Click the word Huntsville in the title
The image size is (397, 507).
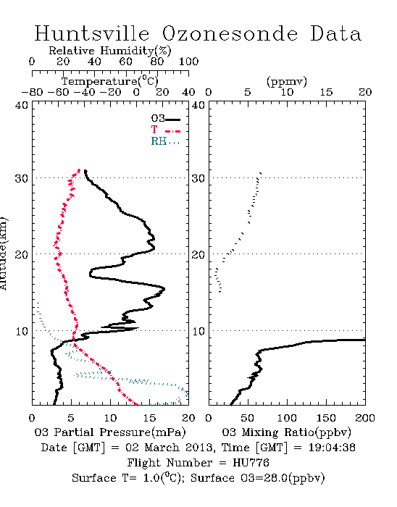92,33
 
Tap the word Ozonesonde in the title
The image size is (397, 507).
230,33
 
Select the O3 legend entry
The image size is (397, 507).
165,119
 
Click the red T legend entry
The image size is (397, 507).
165,130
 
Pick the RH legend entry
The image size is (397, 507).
165,141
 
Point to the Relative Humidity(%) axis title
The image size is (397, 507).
110,51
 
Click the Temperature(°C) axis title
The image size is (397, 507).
110,81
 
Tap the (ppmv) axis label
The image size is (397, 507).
287,81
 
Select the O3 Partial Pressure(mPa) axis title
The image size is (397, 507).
110,432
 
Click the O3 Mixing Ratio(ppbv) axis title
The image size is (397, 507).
287,432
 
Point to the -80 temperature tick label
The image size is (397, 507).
32,93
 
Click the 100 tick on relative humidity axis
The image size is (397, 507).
189,62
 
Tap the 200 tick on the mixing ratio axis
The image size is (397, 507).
365,418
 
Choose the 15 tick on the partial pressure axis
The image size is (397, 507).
149,418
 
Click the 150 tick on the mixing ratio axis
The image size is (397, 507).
326,418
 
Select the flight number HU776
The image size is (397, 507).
251,463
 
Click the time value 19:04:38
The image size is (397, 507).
332,448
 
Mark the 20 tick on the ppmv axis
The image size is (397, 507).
365,93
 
